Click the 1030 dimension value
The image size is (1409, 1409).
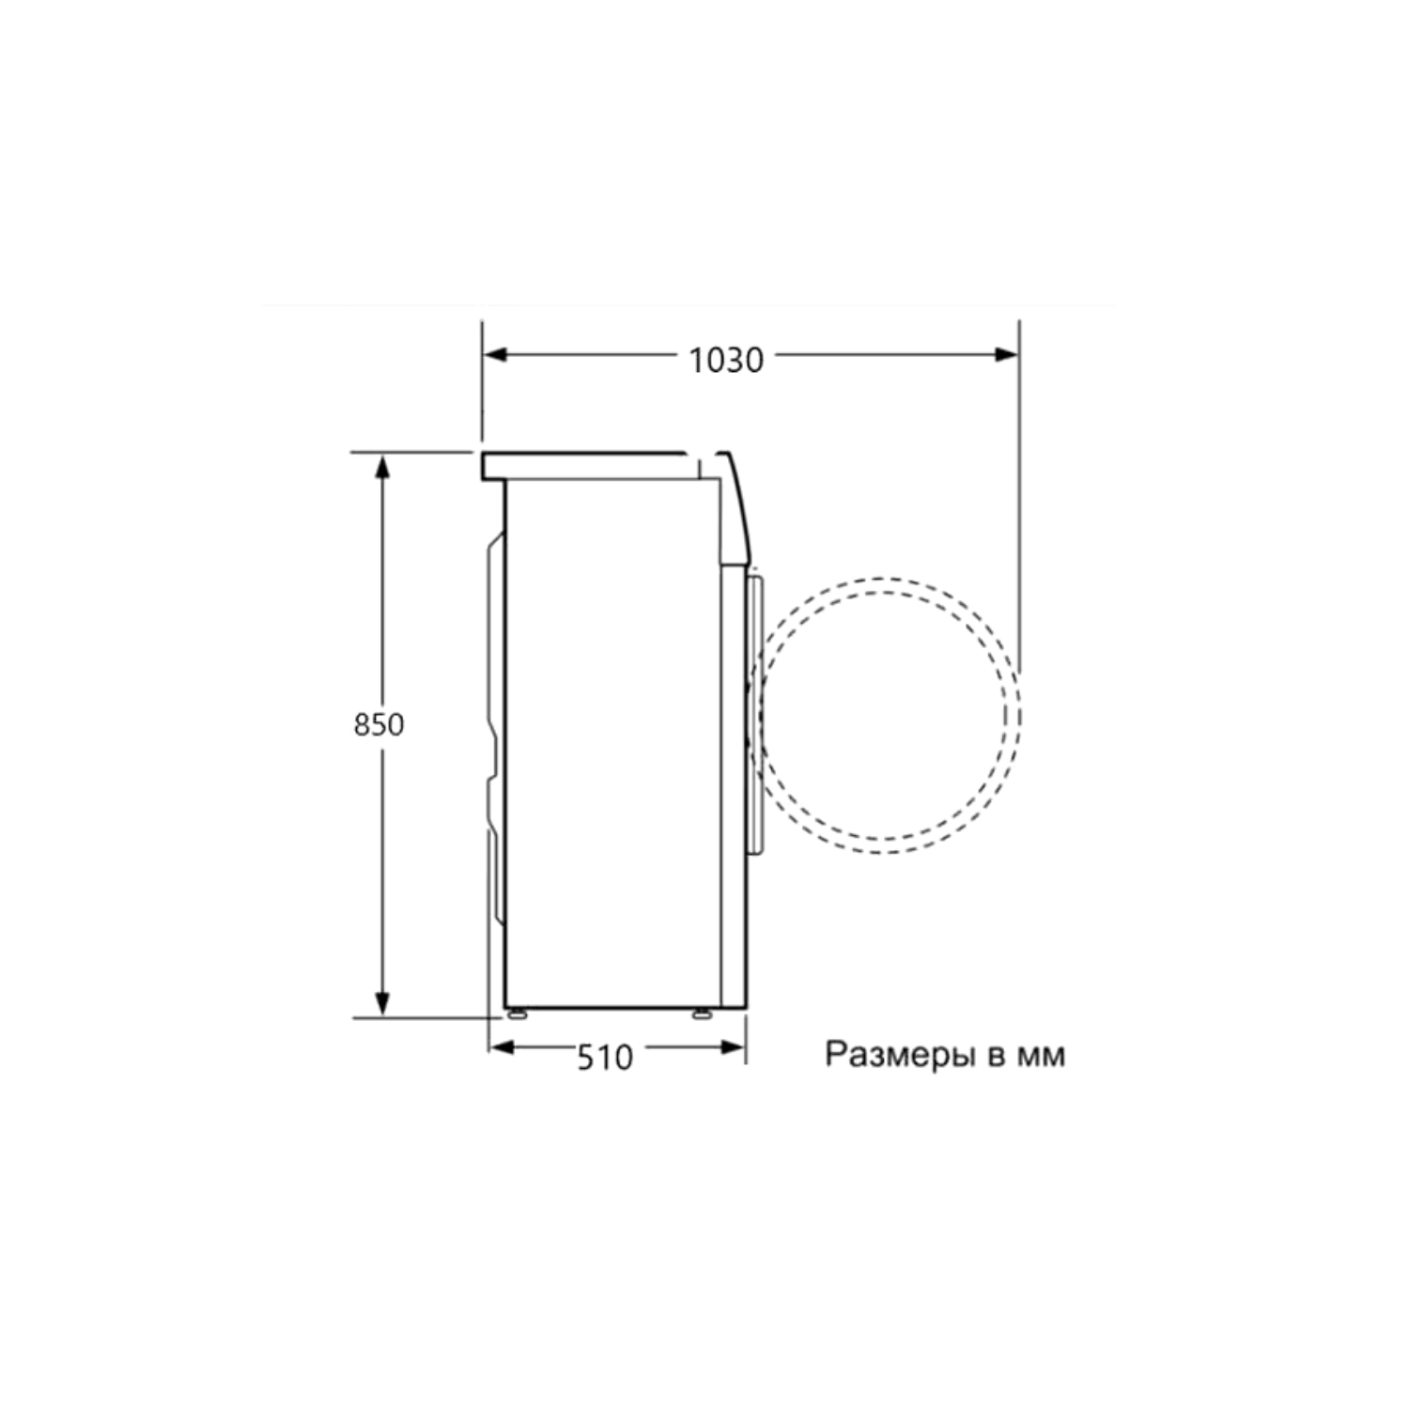(x=726, y=360)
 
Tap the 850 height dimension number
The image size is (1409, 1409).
(x=379, y=725)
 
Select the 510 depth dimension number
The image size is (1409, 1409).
(x=605, y=1058)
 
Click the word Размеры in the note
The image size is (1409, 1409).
(x=900, y=1055)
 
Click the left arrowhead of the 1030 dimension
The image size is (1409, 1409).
(x=495, y=355)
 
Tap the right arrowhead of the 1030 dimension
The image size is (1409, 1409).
(x=1006, y=355)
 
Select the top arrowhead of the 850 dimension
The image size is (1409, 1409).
(x=382, y=466)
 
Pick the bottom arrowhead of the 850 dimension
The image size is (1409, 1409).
(x=382, y=1003)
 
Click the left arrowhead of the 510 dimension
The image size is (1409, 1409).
(x=503, y=1047)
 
